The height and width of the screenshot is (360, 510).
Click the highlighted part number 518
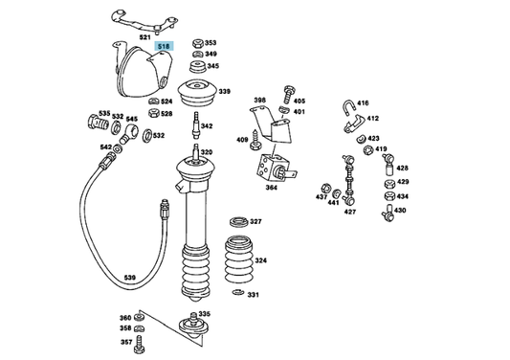click(164, 46)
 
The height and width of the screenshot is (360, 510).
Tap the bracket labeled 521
click(144, 22)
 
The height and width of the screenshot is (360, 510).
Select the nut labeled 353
click(198, 43)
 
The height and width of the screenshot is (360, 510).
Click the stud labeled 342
click(196, 125)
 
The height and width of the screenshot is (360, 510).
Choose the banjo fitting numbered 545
click(129, 133)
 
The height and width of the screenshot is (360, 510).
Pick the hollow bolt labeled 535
click(98, 123)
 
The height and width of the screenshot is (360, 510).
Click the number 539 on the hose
click(129, 278)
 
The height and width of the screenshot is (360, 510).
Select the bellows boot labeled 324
click(238, 259)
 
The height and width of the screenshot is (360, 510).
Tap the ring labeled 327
click(239, 222)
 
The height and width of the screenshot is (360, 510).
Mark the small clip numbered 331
click(238, 292)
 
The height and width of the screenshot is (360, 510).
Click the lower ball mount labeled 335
click(194, 326)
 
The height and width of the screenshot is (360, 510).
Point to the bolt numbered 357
click(139, 345)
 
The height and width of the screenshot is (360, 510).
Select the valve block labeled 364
click(275, 168)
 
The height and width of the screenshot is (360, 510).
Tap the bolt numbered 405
click(289, 95)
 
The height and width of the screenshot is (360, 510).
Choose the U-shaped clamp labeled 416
click(349, 108)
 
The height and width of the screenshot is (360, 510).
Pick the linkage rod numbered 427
click(349, 180)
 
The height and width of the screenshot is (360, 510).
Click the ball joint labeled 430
click(388, 213)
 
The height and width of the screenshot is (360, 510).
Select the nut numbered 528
click(153, 113)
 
